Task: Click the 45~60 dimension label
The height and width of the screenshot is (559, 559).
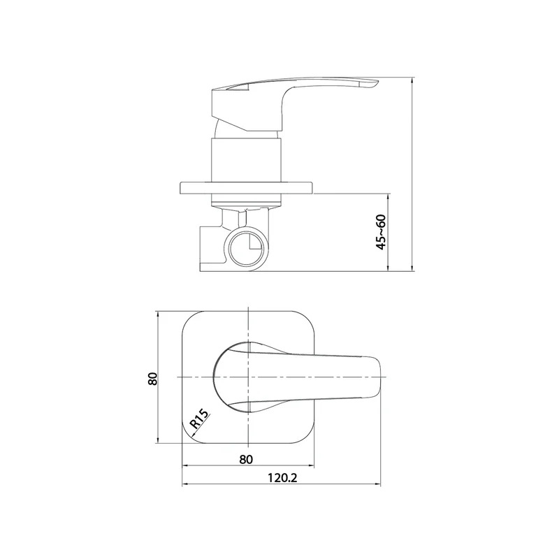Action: click(381, 232)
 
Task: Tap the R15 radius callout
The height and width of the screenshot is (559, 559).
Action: click(198, 419)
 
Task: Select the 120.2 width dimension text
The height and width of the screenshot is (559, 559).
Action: click(282, 477)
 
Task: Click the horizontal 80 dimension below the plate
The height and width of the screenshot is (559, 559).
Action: click(246, 459)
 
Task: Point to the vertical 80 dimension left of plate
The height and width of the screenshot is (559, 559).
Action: click(152, 378)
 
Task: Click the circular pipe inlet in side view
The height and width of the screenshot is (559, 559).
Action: click(247, 248)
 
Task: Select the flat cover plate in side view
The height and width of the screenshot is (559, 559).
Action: click(247, 188)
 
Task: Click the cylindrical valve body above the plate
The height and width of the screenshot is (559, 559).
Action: click(247, 160)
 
